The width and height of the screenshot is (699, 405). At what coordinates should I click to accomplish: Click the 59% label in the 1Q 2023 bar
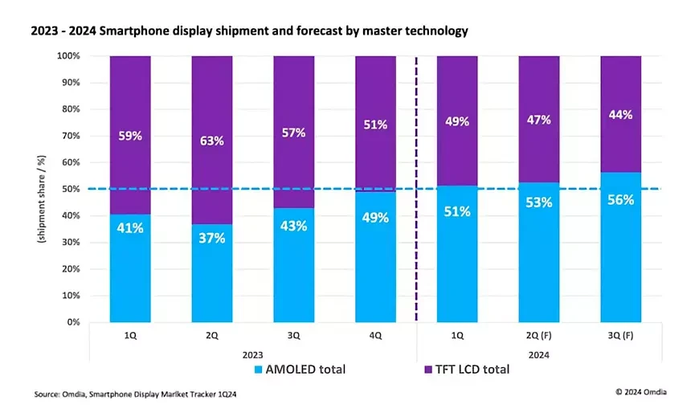coord(130,136)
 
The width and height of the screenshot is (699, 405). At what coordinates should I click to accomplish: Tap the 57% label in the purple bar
coord(294,133)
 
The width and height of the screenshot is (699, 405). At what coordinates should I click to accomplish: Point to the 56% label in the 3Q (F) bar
coord(621,200)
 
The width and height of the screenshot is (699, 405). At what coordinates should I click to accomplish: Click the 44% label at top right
coord(621,114)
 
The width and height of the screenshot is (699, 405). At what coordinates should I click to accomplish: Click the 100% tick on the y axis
coord(68,56)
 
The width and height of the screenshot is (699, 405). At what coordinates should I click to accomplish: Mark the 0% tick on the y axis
coord(74,322)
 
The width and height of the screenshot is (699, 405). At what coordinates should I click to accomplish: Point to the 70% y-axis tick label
coord(72,136)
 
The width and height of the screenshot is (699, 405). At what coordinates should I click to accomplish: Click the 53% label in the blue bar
coord(539,202)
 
